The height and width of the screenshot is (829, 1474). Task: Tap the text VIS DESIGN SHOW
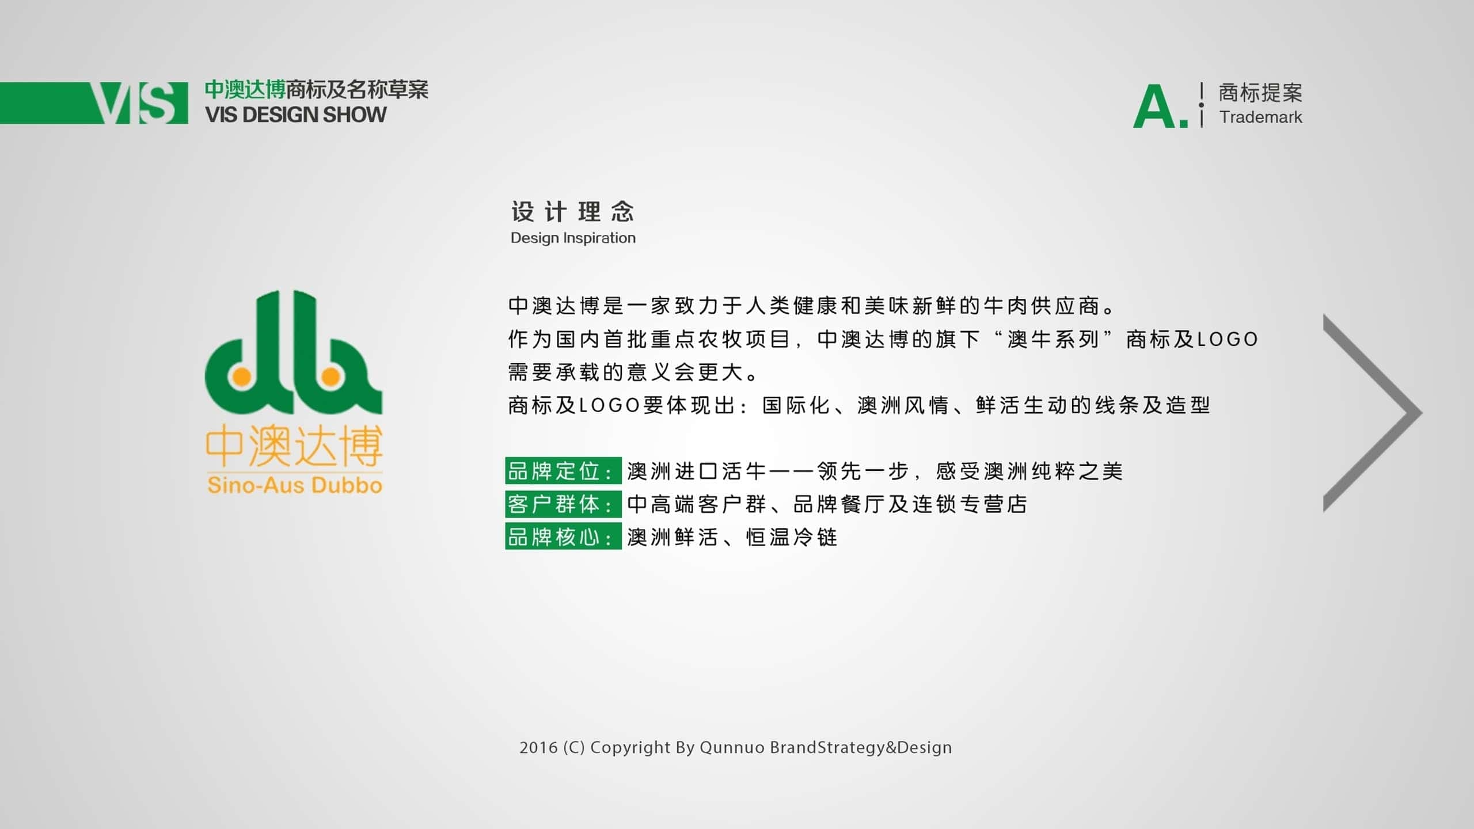coord(296,115)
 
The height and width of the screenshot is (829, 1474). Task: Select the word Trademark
coord(1260,117)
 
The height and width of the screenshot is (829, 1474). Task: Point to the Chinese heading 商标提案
coord(1260,93)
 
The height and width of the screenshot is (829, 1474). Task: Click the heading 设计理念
coord(573,212)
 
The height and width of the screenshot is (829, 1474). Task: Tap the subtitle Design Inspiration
coord(573,238)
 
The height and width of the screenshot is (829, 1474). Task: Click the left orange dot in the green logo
coord(242,377)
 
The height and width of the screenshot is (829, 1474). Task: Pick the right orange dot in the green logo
coord(330,377)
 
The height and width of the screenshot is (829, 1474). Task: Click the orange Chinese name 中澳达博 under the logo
coord(294,446)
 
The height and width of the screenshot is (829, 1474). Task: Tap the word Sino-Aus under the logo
coord(252,485)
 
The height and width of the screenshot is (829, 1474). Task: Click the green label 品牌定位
coord(563,471)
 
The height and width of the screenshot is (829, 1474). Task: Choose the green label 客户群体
coord(563,504)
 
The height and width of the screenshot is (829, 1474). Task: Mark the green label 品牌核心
coord(563,537)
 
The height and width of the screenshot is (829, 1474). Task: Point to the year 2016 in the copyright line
coord(538,747)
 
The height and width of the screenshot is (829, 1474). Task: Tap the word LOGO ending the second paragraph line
coord(1228,340)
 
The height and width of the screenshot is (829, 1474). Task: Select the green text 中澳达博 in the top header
coord(245,90)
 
